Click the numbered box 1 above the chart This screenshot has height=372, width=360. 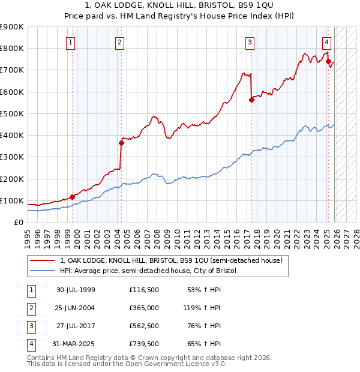[x=71, y=42]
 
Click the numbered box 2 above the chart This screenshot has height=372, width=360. [x=120, y=42]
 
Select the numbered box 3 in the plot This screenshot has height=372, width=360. [x=249, y=42]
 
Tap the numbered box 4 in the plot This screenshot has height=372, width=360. [x=326, y=42]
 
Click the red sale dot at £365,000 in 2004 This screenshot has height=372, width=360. [x=121, y=143]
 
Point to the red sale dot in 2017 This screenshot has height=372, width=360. [x=251, y=100]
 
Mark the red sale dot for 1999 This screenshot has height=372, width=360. [x=73, y=197]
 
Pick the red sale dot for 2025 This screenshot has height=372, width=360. [x=328, y=61]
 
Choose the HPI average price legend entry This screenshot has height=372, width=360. [x=148, y=271]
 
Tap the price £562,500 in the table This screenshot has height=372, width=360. [x=143, y=326]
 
